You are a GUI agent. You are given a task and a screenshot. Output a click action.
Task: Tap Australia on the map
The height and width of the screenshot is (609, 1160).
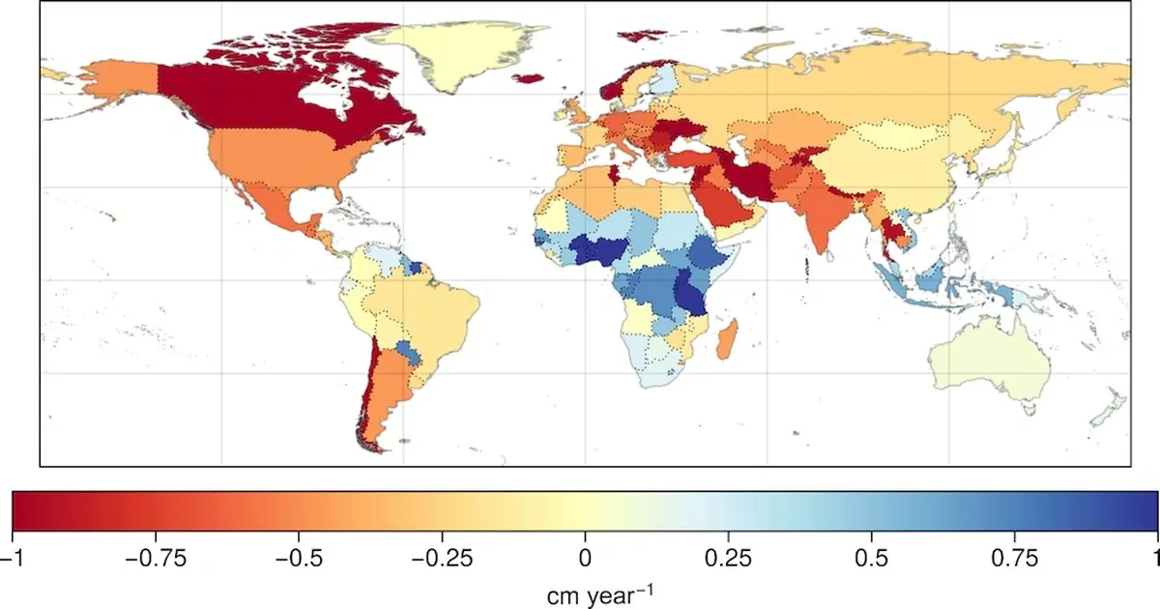(991, 362)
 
